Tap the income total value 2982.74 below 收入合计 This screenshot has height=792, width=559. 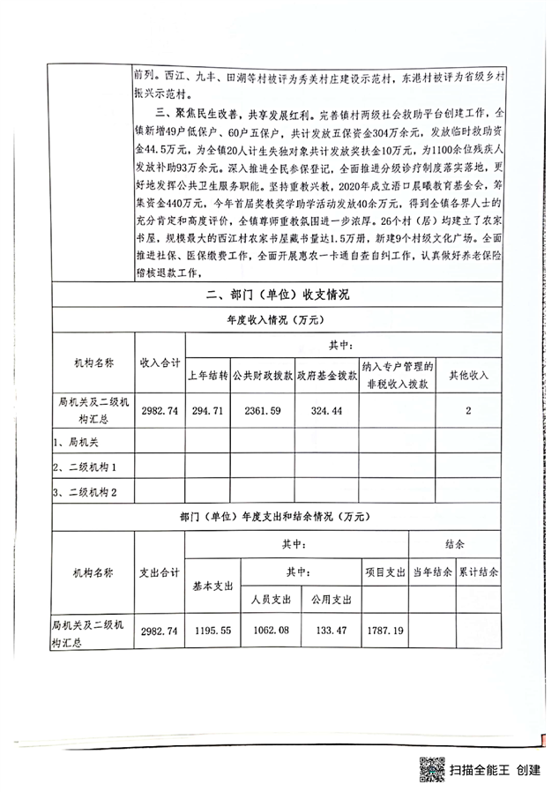(160, 410)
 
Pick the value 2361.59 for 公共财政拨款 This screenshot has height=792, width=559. (266, 410)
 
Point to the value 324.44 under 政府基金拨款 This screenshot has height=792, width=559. (326, 410)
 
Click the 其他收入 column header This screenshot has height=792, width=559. (468, 374)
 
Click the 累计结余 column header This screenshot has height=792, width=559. (477, 571)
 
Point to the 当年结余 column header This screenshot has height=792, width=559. (432, 571)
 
